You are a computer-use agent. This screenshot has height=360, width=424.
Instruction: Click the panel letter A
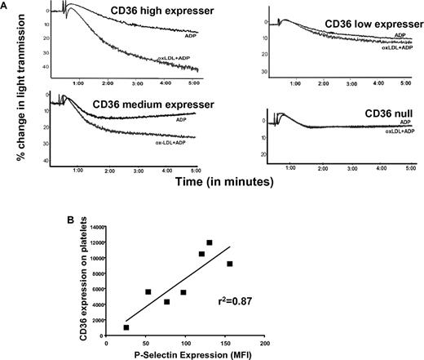(7, 6)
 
